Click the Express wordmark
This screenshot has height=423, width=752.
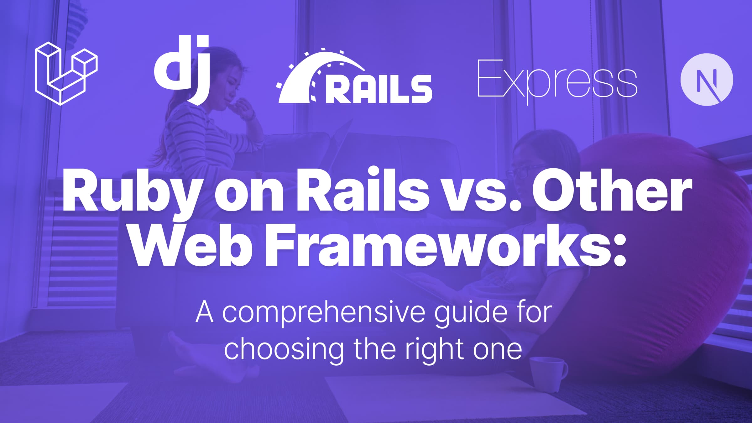557,81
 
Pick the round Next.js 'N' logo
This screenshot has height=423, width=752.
707,80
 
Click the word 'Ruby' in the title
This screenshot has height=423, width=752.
131,193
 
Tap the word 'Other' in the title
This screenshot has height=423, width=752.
612,192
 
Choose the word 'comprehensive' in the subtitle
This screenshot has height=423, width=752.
324,313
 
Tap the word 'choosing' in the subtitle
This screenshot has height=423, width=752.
284,350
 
